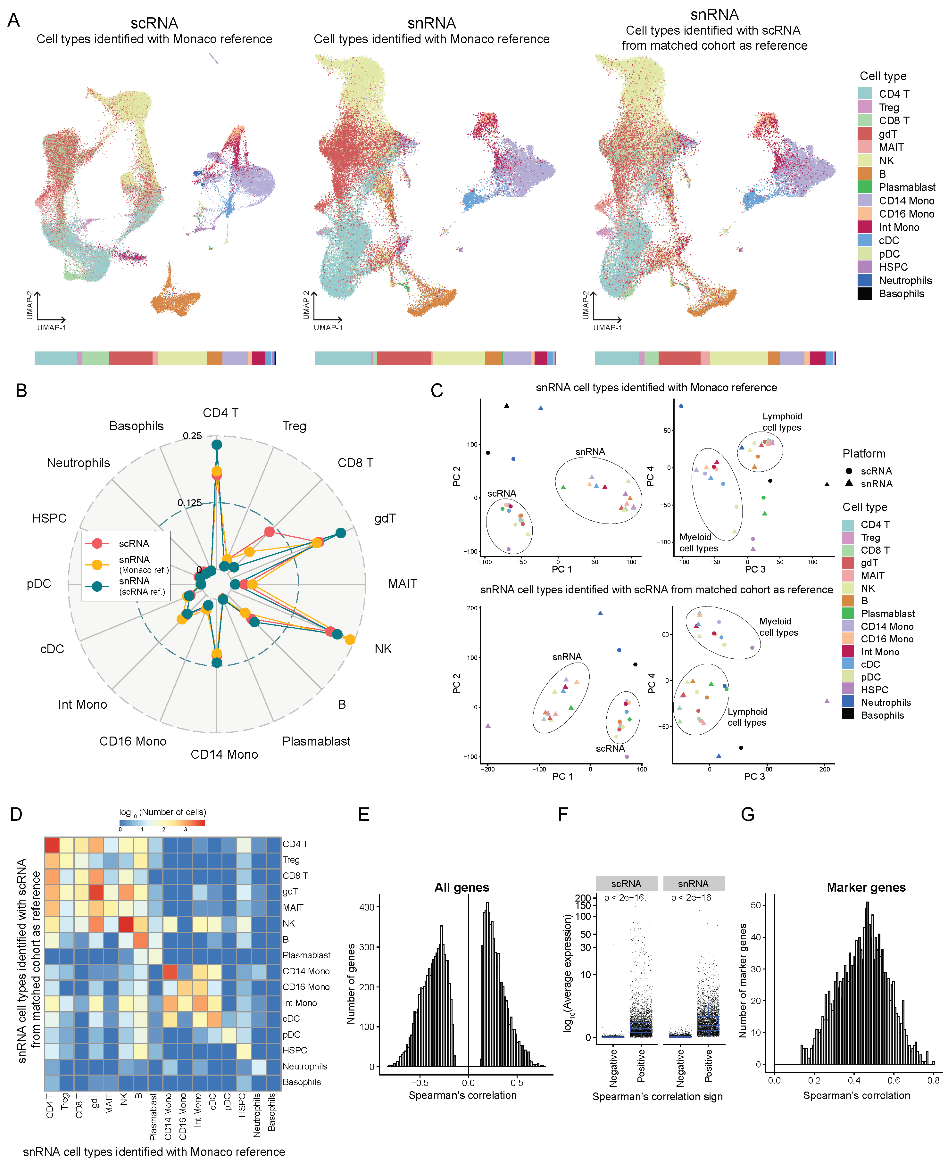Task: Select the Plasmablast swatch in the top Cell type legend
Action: pyautogui.click(x=864, y=187)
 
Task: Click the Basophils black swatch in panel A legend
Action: pyautogui.click(x=864, y=294)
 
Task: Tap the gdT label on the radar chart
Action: pyautogui.click(x=385, y=518)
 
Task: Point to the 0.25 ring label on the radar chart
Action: pyautogui.click(x=192, y=436)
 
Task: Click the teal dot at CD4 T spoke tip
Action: pyautogui.click(x=217, y=445)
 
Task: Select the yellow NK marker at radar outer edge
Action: pyautogui.click(x=350, y=639)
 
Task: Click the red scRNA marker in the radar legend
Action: pyautogui.click(x=97, y=543)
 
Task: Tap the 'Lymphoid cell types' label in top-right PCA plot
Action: pyautogui.click(x=782, y=422)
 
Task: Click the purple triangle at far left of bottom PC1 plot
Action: pyautogui.click(x=488, y=726)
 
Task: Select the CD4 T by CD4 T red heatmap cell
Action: pyautogui.click(x=52, y=845)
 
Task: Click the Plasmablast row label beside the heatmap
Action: pyautogui.click(x=306, y=955)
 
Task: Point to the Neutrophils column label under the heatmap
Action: pyautogui.click(x=257, y=1114)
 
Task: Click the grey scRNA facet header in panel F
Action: pyautogui.click(x=626, y=883)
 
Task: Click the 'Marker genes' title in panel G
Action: pyautogui.click(x=866, y=887)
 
